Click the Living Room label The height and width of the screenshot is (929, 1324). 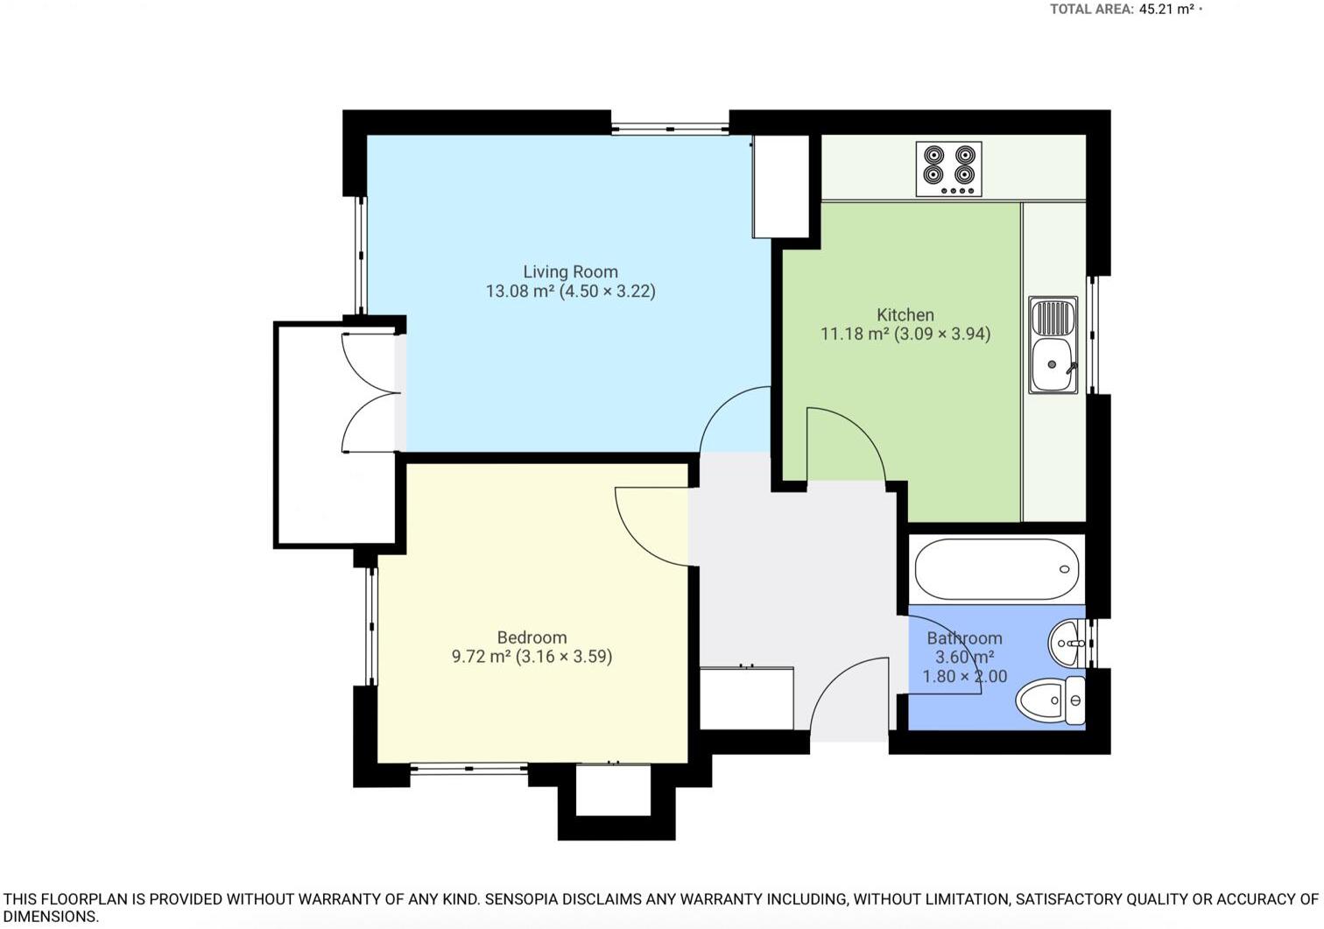[x=570, y=272]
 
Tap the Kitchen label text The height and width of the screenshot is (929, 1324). [x=905, y=314]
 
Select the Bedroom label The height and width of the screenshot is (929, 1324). [x=532, y=637]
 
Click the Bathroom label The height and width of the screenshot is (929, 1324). [x=964, y=638]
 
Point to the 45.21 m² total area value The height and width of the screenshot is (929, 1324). [x=1166, y=10]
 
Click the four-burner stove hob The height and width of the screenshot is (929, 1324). [x=949, y=169]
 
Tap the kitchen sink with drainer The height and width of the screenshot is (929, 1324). [x=1053, y=344]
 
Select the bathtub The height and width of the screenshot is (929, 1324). [x=997, y=569]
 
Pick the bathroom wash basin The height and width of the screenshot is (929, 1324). [x=1068, y=644]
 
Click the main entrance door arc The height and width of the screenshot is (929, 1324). [x=847, y=696]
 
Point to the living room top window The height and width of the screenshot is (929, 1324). [x=670, y=129]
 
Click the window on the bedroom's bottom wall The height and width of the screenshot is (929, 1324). [x=468, y=769]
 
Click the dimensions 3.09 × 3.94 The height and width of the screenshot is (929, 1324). [x=942, y=334]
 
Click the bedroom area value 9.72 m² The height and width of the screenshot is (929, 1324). [x=481, y=657]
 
